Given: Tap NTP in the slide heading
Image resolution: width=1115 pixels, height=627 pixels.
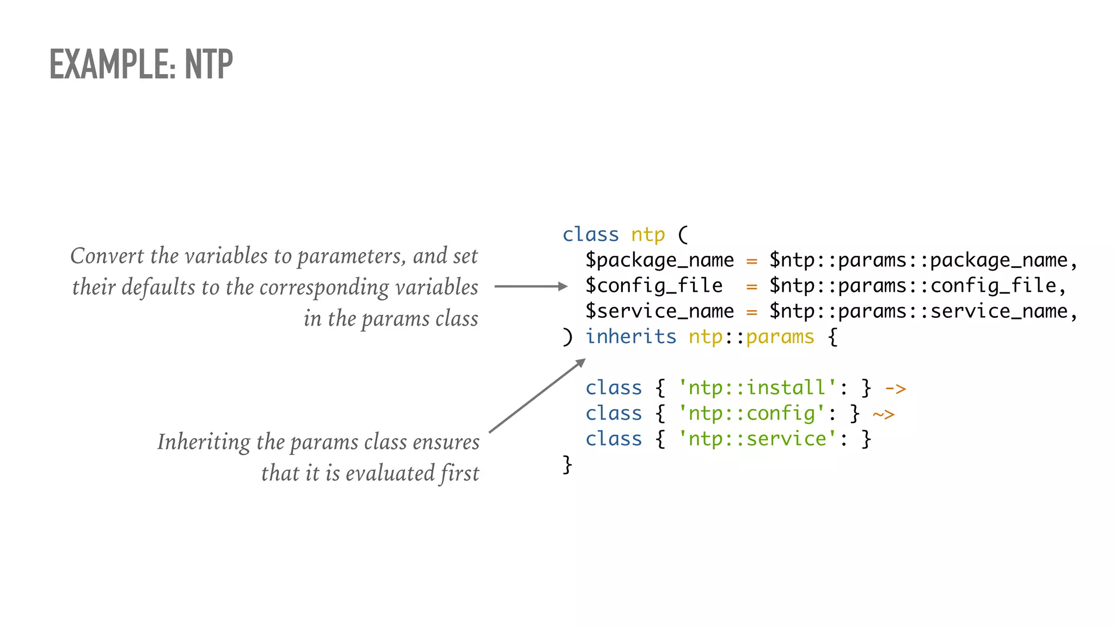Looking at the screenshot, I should (x=209, y=64).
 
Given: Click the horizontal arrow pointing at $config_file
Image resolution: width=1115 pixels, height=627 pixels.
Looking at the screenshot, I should (x=531, y=286).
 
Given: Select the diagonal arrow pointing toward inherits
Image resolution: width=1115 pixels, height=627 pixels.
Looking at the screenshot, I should (x=537, y=396).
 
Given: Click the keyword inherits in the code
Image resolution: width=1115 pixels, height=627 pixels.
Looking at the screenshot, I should (x=630, y=337).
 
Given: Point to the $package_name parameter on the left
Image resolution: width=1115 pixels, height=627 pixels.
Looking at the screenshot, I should (x=659, y=260).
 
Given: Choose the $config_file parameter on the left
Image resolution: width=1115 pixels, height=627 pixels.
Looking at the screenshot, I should (x=654, y=286).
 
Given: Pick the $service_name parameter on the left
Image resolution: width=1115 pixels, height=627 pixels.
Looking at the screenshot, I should (x=659, y=311).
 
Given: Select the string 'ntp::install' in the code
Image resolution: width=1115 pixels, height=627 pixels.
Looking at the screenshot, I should (x=757, y=388).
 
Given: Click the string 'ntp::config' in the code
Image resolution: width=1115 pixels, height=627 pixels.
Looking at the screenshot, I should (x=751, y=414).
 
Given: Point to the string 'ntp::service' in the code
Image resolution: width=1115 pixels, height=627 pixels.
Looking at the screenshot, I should (x=757, y=439).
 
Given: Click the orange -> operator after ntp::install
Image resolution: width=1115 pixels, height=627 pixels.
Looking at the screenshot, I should (x=896, y=389).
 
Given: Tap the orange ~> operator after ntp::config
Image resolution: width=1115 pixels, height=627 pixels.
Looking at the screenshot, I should (x=884, y=414).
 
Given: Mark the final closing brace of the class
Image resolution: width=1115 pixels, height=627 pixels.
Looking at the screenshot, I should (x=567, y=464).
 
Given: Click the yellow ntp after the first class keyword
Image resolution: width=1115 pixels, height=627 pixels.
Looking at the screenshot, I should (x=648, y=235).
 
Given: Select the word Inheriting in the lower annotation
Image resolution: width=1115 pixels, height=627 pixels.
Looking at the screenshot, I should (x=204, y=442).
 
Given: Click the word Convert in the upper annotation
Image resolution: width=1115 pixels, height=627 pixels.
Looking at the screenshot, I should (x=107, y=256).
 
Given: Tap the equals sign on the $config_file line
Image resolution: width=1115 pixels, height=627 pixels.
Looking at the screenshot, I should (x=752, y=286).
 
